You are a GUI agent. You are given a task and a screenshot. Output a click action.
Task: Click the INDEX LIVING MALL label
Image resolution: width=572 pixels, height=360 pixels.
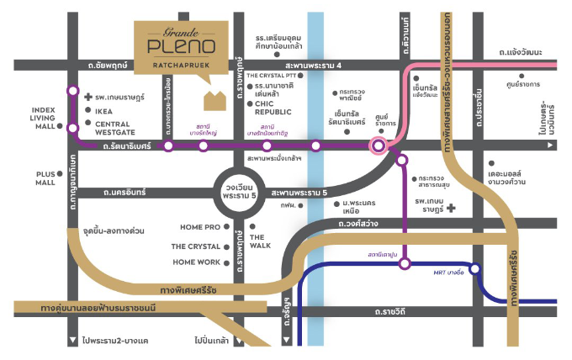click(x=43, y=117)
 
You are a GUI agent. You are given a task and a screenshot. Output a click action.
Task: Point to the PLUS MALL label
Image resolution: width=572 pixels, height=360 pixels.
click(x=45, y=177)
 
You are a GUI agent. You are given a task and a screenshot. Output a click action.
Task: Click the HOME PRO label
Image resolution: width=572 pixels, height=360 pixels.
click(x=200, y=227)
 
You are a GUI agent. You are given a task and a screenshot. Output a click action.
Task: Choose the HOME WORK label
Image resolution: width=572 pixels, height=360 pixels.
click(x=196, y=262)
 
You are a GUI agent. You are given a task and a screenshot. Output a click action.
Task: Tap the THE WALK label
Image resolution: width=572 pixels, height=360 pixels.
click(x=260, y=241)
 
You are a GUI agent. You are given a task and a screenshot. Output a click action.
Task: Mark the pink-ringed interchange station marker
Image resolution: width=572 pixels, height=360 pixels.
click(x=379, y=146)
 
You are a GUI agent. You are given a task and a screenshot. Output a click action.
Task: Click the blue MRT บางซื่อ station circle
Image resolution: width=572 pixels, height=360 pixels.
click(x=475, y=269)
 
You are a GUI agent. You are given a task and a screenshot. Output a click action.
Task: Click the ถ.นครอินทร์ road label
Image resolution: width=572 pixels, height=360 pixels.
click(x=124, y=192)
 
